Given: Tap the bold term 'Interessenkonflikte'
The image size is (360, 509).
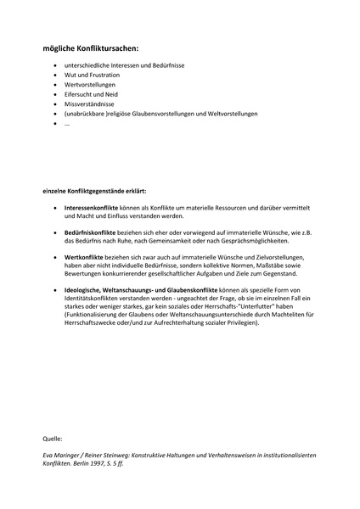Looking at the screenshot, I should pos(93,206).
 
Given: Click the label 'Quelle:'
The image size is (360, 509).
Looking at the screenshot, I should pos(52,439).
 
